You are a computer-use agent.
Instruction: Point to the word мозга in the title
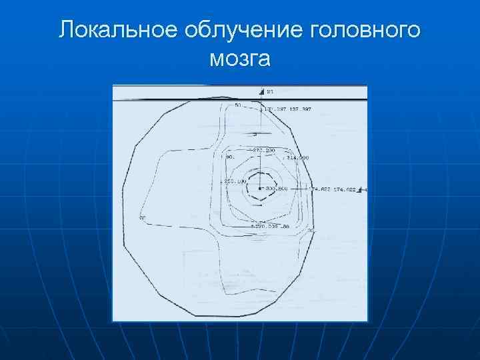[240, 59]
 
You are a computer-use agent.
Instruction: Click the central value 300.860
[276, 189]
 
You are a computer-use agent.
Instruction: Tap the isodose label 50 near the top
[237, 105]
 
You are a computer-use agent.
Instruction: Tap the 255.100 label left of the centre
[235, 181]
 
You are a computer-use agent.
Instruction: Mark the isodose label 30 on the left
[142, 218]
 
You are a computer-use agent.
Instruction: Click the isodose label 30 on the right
[311, 231]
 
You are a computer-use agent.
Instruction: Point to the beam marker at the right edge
[362, 190]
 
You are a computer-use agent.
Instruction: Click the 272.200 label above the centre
[264, 151]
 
